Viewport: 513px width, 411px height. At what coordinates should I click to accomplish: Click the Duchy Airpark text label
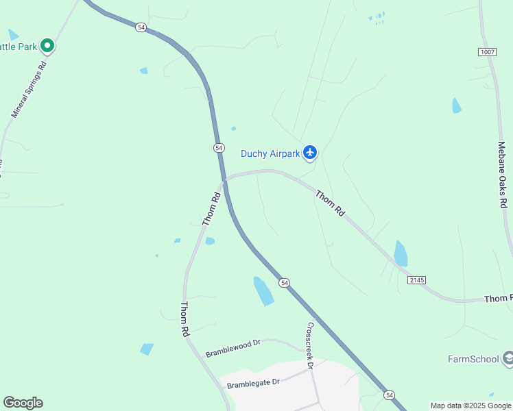(270, 153)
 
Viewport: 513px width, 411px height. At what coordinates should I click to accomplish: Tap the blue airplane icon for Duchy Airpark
(310, 152)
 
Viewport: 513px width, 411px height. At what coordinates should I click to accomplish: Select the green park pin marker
(47, 46)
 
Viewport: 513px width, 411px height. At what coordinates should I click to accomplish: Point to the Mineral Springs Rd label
(29, 89)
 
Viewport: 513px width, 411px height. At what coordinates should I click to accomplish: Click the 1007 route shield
(487, 52)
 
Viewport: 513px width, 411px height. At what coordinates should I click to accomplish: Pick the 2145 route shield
(416, 279)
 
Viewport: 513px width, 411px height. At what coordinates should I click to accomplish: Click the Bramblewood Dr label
(234, 348)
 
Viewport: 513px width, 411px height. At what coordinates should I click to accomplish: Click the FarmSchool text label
(473, 358)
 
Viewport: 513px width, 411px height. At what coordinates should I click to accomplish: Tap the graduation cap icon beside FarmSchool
(508, 358)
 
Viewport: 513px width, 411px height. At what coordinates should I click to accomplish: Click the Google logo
(23, 403)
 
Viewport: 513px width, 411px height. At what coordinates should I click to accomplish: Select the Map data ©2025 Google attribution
(470, 406)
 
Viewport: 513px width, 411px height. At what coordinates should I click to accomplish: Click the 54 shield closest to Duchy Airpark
(219, 147)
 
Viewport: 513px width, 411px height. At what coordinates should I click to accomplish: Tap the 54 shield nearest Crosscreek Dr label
(285, 282)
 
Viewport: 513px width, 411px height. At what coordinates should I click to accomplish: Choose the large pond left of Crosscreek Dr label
(263, 290)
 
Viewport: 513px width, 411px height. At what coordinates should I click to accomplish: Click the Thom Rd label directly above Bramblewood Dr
(184, 319)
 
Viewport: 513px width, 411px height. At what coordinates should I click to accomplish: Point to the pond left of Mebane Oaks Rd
(457, 105)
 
